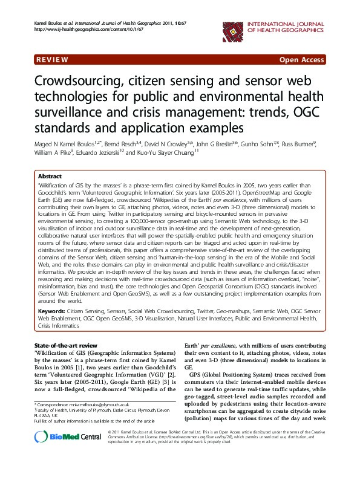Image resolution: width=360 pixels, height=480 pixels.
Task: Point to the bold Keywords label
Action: (51, 310)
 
